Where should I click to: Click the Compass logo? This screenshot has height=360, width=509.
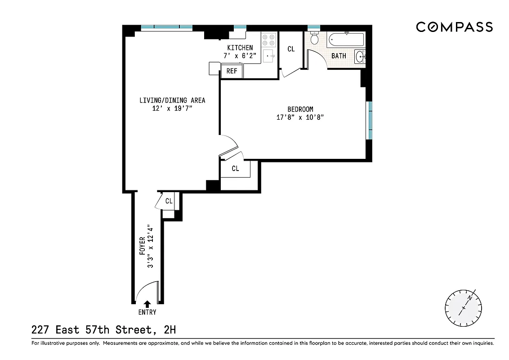[454, 27]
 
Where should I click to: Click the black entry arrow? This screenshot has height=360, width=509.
[147, 305]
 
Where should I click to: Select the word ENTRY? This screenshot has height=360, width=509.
[147, 312]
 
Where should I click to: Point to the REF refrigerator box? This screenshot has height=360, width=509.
[232, 71]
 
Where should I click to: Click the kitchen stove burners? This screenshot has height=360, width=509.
[268, 40]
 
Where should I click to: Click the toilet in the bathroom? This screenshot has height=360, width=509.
[314, 40]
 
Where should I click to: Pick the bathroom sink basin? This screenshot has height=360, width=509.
[360, 57]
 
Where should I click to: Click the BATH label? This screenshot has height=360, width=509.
[339, 56]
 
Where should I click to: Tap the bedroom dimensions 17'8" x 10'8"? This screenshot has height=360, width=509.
[300, 117]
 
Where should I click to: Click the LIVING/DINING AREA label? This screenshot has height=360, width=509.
[172, 100]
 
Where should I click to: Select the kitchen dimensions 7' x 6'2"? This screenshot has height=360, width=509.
[240, 56]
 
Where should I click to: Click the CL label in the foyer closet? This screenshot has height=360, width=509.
[169, 201]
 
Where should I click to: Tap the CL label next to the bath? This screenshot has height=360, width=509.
[291, 49]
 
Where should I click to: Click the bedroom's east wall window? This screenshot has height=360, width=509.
[369, 120]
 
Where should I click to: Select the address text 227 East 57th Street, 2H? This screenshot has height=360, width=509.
[103, 330]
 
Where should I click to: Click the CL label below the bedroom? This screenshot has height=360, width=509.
[235, 169]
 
